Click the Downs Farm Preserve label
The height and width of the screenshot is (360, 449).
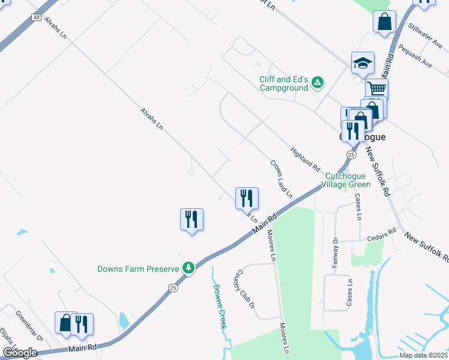(139, 269)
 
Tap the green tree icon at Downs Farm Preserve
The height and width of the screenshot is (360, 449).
(188, 268)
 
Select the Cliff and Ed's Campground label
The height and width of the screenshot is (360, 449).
(283, 83)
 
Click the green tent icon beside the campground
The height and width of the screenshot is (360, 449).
(318, 83)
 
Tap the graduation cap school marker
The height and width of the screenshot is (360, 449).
(363, 63)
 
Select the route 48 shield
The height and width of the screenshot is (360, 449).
(38, 18)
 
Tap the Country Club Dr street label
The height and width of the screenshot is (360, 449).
(245, 289)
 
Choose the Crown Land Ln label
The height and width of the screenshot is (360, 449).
(281, 179)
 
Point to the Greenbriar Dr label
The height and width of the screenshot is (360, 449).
(29, 325)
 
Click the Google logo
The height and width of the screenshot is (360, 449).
(20, 353)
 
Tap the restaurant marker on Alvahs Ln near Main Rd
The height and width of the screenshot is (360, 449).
(246, 198)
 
